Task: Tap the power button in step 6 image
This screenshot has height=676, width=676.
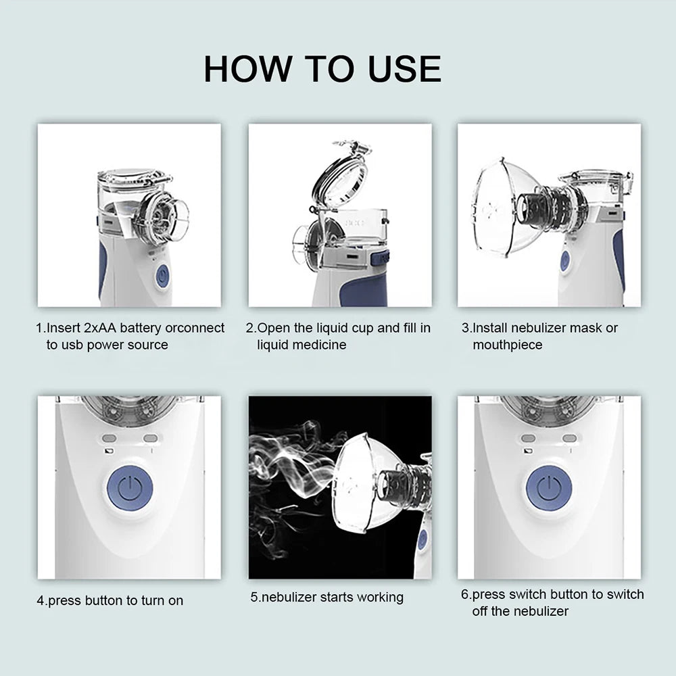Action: point(549,487)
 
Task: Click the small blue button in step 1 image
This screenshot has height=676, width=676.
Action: point(162,276)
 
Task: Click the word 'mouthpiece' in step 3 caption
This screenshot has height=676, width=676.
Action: point(507,345)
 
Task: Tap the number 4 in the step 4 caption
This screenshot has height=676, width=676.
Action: point(40,600)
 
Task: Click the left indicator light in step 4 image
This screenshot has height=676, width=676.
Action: point(110,438)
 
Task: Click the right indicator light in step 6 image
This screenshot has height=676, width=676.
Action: point(569,438)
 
